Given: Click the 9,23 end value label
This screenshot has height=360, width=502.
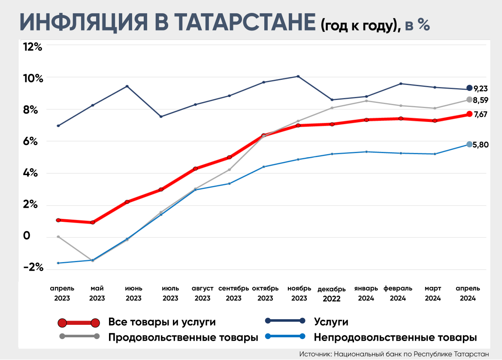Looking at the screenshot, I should (481, 89).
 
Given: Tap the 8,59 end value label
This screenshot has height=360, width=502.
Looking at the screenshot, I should (481, 100).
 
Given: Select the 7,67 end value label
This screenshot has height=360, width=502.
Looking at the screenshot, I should (481, 115).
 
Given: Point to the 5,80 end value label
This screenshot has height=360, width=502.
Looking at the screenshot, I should (481, 145).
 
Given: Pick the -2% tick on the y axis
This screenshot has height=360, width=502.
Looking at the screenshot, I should (33, 267).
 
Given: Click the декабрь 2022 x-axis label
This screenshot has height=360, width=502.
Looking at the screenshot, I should (332, 293).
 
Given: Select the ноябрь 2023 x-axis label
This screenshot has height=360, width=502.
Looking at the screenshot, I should (299, 293).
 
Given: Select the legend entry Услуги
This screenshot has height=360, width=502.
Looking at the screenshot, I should (331, 322).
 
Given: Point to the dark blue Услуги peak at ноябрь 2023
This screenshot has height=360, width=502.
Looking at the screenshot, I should (298, 76).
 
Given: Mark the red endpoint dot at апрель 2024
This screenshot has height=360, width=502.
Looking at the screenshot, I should (469, 114).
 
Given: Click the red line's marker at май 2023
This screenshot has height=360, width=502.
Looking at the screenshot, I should (93, 222).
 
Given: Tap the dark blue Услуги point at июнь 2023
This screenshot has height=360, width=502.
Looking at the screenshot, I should (127, 86).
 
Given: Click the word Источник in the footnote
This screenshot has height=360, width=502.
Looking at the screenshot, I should (315, 354).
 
